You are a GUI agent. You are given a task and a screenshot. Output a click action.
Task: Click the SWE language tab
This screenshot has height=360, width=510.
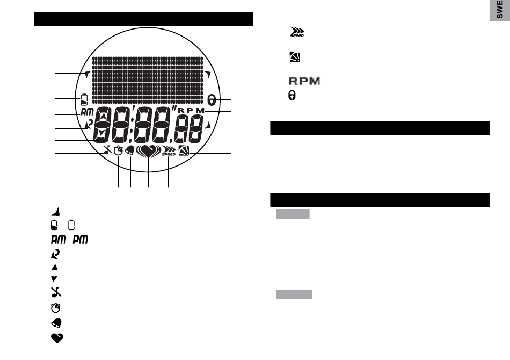pos(500,10)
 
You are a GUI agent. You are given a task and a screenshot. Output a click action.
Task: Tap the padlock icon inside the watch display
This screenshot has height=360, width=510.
pos(212,100)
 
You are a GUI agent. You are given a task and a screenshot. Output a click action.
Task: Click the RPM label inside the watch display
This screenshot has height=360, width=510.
pos(191,110)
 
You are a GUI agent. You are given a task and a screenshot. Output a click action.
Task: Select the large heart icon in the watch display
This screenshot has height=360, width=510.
pos(148,152)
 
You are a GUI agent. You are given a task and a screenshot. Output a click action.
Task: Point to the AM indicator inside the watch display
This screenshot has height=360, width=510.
pos(87,112)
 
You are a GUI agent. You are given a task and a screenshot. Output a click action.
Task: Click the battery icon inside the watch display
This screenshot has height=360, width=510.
pos(84,100)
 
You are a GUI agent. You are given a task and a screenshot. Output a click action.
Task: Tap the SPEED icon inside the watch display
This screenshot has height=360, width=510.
pos(169,152)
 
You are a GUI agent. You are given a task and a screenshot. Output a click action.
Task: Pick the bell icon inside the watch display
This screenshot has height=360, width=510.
pos(130,150)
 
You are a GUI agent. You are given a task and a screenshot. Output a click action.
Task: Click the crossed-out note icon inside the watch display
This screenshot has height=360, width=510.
pos(108,150)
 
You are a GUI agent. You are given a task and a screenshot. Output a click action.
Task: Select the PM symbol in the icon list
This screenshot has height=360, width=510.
pos(80,240)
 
